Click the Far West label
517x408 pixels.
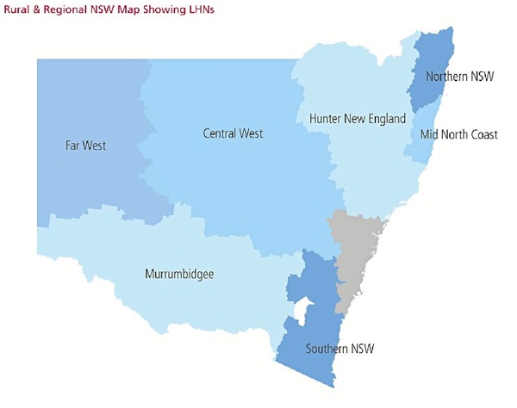click(x=85, y=145)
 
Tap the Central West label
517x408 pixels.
click(x=233, y=133)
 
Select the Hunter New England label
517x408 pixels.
click(x=356, y=119)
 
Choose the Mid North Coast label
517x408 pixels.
click(x=458, y=135)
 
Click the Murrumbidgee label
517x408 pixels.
click(x=178, y=275)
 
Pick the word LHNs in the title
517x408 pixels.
click(x=201, y=9)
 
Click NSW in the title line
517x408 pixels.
click(x=100, y=9)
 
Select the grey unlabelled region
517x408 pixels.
click(x=355, y=254)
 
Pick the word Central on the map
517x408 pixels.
click(x=220, y=133)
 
